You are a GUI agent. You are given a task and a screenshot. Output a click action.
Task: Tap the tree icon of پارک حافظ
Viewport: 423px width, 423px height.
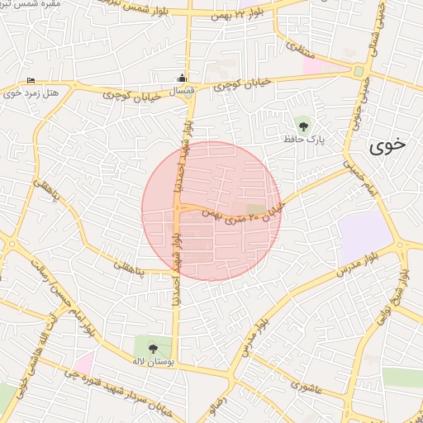(304, 126)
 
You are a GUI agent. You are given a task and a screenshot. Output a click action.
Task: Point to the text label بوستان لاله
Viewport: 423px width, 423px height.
(154, 361)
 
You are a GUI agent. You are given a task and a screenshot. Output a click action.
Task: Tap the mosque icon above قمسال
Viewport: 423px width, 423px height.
(182, 79)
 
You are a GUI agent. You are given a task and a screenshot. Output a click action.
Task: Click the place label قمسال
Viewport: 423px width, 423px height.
(183, 92)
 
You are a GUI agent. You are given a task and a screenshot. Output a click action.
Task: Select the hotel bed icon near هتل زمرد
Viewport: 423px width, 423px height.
(31, 80)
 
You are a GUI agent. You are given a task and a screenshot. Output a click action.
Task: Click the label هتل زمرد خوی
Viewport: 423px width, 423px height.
(31, 93)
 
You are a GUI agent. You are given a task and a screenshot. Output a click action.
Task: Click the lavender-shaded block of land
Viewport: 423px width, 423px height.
(364, 235)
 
